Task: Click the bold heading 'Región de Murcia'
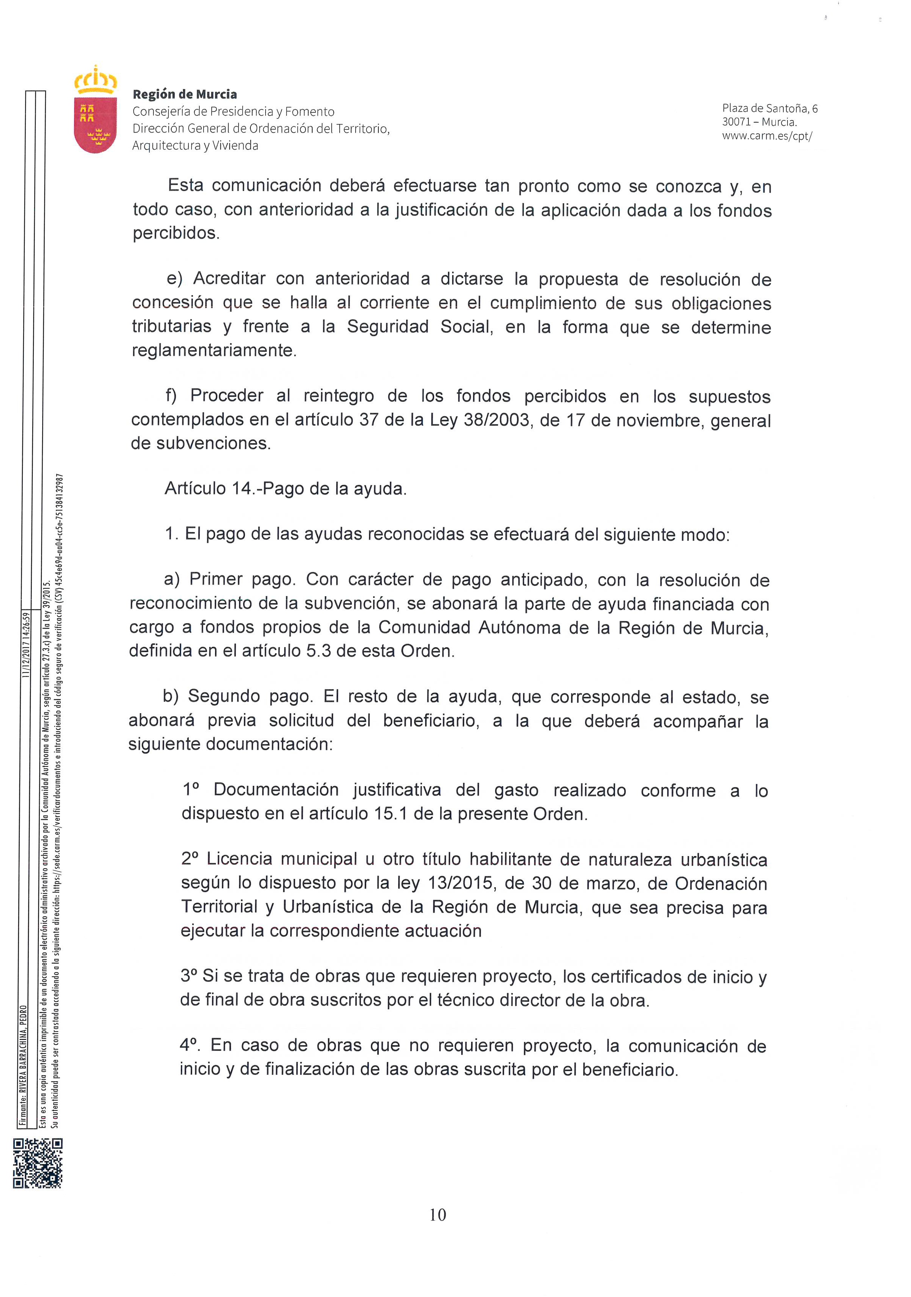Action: coord(184,94)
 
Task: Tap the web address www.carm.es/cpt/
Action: coord(766,136)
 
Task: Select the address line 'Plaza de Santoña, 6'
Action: coord(769,109)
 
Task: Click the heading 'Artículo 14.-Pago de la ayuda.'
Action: coord(285,489)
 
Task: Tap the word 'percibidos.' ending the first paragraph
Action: coord(176,233)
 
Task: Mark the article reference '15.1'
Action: coord(390,814)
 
